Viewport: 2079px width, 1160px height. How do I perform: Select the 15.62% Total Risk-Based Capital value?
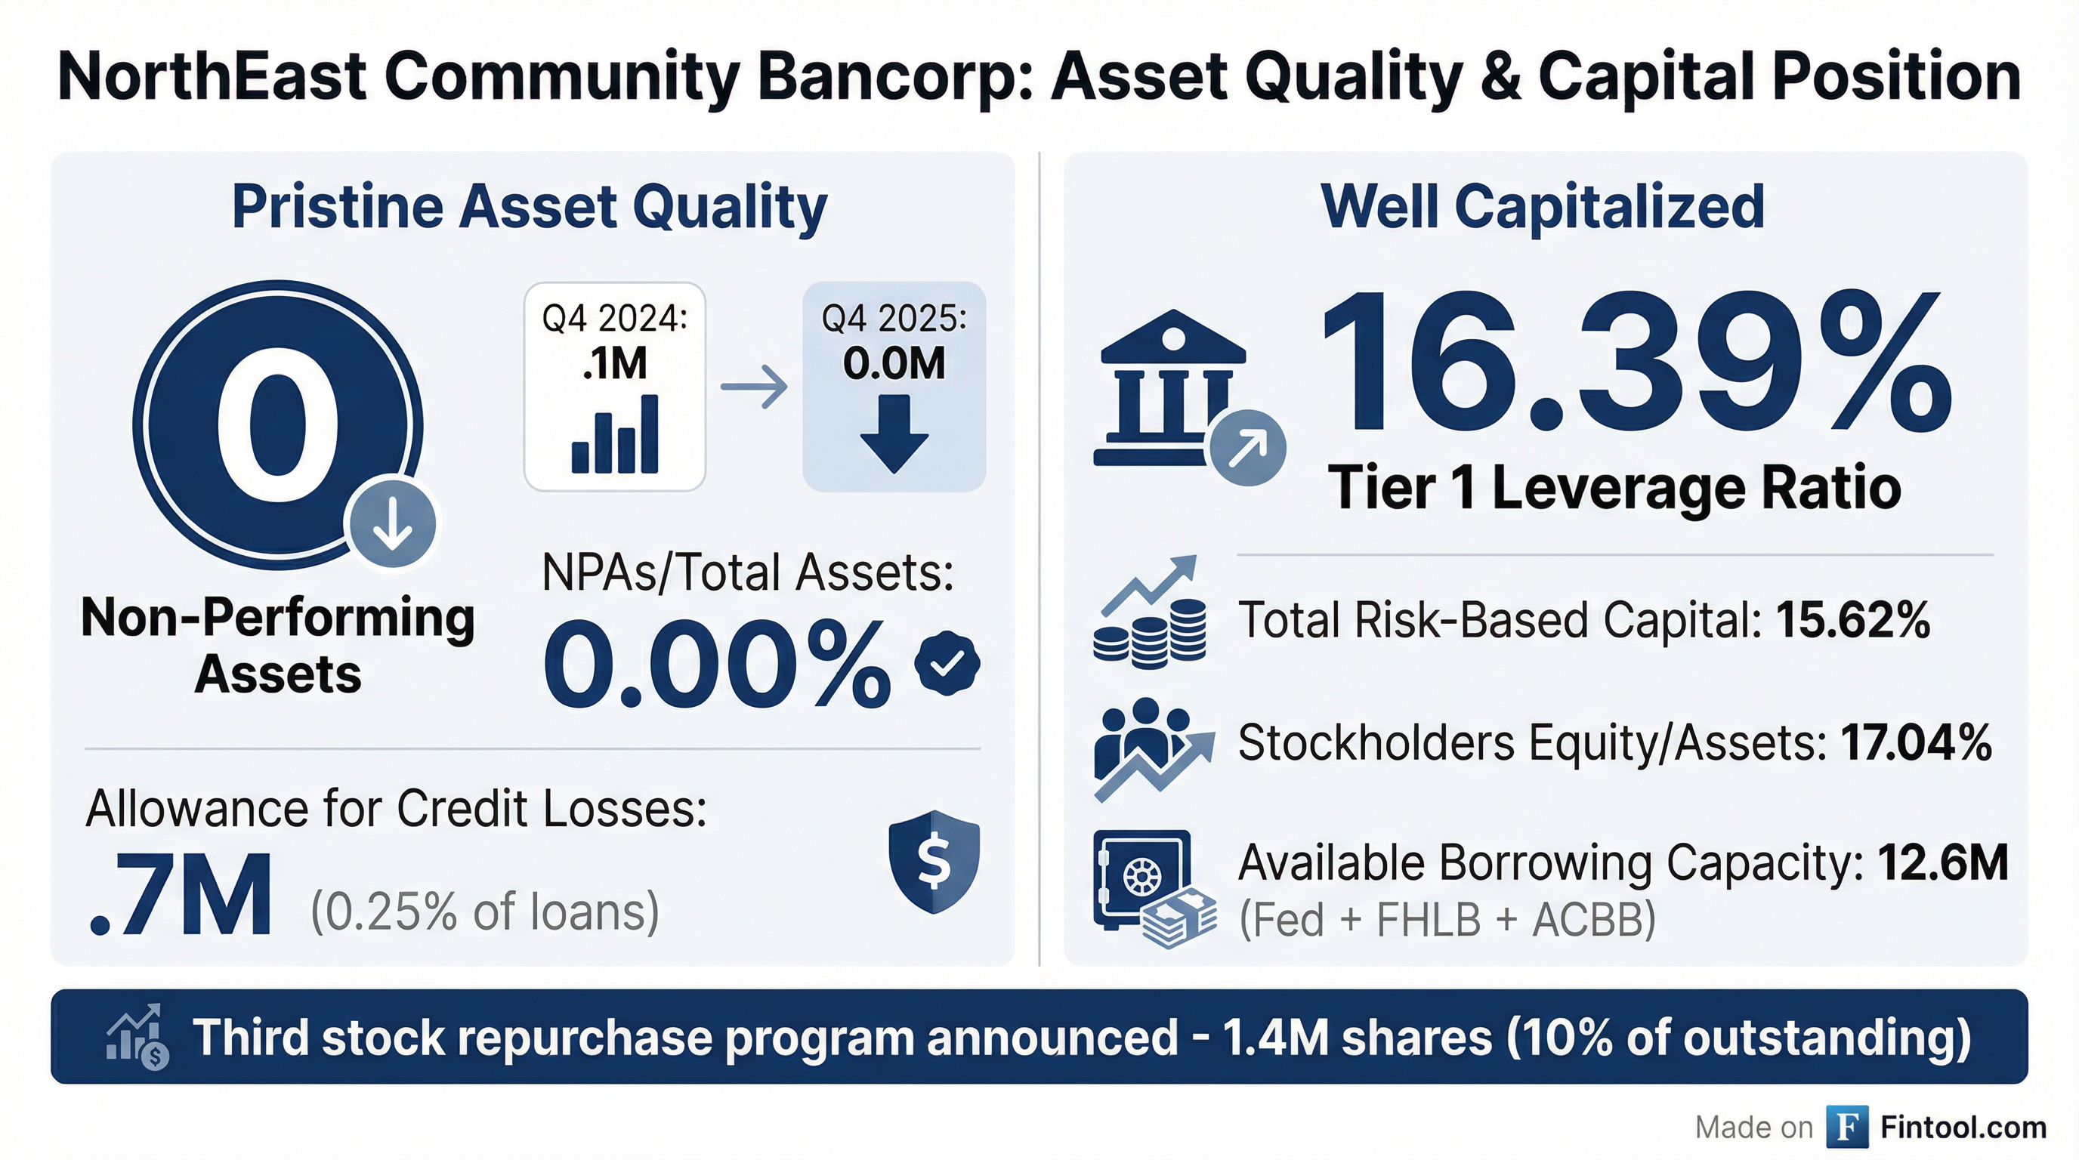[x=1853, y=620]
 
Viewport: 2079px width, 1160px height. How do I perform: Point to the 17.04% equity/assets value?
[x=1916, y=742]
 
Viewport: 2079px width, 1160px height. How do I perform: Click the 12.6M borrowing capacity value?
[x=1942, y=862]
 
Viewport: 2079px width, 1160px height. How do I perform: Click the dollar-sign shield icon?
[x=934, y=862]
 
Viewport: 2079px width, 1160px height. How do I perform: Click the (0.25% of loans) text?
[x=485, y=912]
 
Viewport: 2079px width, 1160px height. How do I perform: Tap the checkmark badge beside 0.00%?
[x=947, y=663]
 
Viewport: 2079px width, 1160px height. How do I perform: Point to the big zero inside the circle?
[x=276, y=426]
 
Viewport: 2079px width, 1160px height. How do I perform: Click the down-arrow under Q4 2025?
[x=894, y=433]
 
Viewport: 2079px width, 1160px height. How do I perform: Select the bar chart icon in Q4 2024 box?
[x=615, y=434]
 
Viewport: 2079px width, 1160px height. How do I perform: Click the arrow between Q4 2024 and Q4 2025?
[x=754, y=387]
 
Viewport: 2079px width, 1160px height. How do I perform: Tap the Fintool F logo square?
[x=1847, y=1126]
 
